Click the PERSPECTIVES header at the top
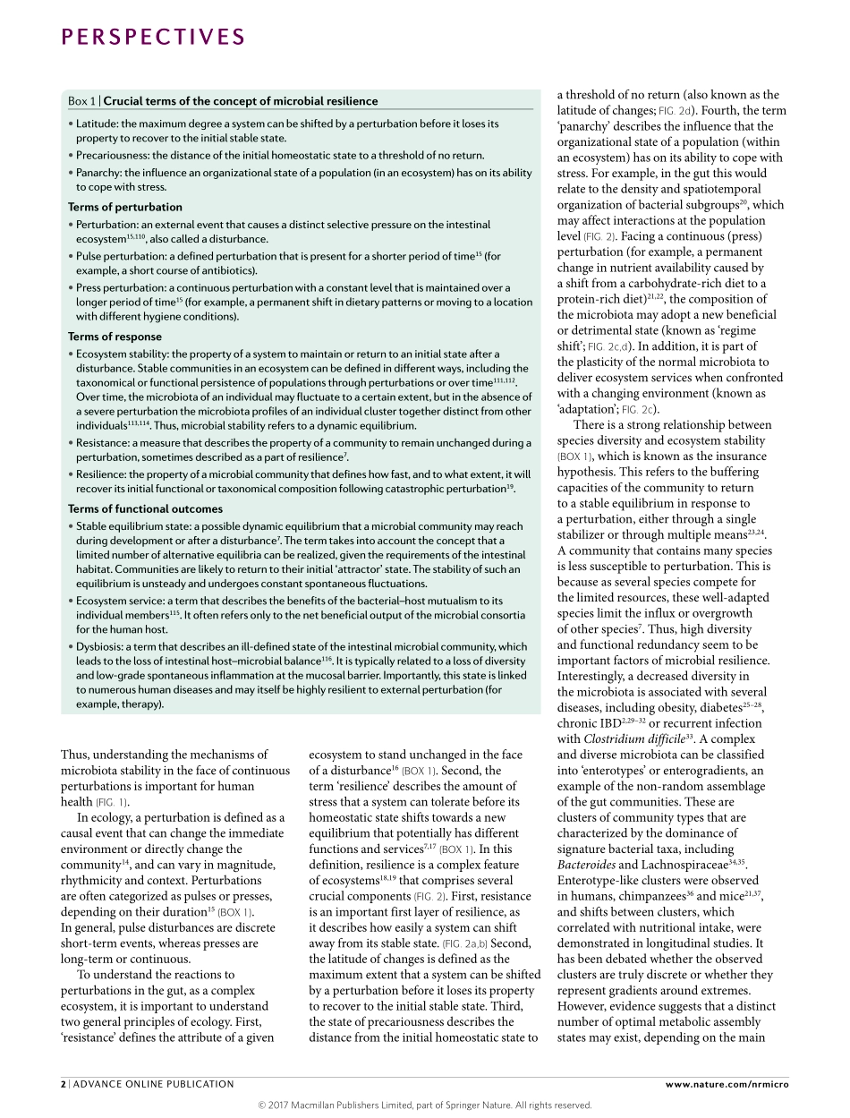[x=153, y=37]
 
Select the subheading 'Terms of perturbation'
[x=124, y=207]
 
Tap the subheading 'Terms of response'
[x=115, y=337]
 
